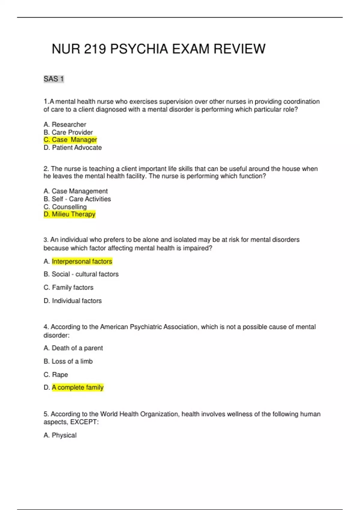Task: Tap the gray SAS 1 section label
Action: coord(54,79)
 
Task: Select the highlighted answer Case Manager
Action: coord(70,140)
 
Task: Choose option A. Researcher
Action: coord(65,124)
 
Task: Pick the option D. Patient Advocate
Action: coord(73,148)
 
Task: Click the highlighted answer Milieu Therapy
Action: coord(70,214)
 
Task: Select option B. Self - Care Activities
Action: coord(77,199)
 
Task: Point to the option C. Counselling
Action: coord(65,207)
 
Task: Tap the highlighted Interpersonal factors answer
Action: coord(82,262)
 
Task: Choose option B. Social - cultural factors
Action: coord(81,274)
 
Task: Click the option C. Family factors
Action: coord(68,287)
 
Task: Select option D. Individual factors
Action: coord(73,301)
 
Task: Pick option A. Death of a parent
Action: coord(73,348)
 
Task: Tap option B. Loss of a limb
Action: coord(68,361)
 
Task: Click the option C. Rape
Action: coord(56,375)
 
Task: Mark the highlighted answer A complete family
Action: coord(77,388)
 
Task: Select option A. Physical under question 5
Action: coord(60,435)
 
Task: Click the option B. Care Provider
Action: coord(68,132)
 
